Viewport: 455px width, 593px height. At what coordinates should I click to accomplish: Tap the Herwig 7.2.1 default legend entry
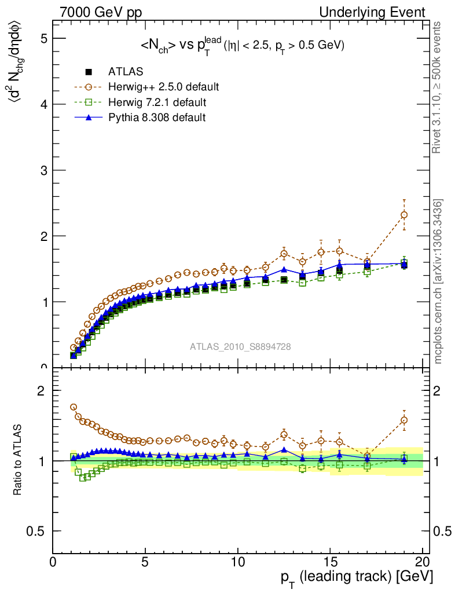pos(158,103)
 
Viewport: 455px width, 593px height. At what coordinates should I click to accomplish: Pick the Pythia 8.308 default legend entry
pos(157,118)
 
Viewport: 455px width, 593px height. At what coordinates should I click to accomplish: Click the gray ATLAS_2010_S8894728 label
pos(240,347)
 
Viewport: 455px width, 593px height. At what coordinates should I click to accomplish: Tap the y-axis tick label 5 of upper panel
pos(42,38)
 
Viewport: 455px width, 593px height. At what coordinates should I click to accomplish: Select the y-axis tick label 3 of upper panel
pos(42,170)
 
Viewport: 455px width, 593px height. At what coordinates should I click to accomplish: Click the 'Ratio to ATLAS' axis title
pos(18,461)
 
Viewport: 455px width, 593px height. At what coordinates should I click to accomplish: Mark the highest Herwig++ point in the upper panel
pos(404,215)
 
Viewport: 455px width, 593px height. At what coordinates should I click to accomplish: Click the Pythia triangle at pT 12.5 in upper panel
pos(284,269)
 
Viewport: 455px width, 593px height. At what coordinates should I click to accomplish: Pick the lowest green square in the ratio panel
pos(83,478)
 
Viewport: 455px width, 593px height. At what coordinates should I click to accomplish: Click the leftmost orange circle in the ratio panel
pos(74,407)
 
